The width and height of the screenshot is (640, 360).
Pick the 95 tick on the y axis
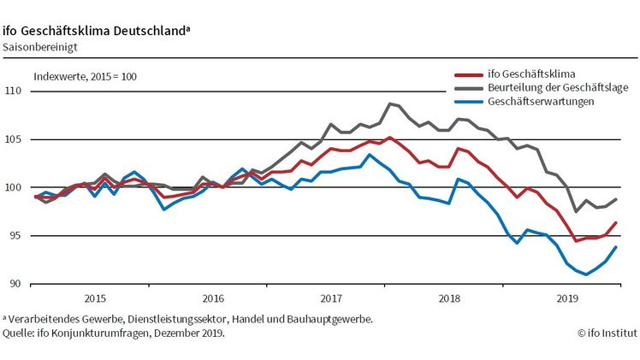click(x=15, y=236)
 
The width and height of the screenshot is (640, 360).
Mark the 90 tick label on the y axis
click(x=15, y=284)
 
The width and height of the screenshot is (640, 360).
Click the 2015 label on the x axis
click(x=95, y=299)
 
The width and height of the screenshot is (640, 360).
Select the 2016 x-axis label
click(x=212, y=299)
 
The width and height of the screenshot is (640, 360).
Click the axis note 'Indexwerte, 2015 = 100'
click(x=86, y=76)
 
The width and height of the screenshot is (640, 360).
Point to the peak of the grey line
click(x=389, y=103)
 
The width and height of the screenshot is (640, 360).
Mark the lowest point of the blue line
click(x=585, y=274)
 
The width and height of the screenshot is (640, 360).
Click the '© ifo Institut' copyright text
click(x=606, y=333)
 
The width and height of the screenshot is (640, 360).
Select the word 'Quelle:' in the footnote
click(x=19, y=333)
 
